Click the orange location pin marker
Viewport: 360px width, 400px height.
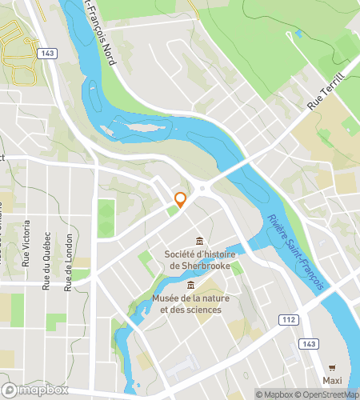(x=181, y=201)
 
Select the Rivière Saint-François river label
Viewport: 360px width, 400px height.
(x=296, y=250)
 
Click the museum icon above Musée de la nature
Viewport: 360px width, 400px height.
(x=190, y=286)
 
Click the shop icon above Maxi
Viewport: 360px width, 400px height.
(x=333, y=366)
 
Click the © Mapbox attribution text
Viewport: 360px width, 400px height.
(x=274, y=394)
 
